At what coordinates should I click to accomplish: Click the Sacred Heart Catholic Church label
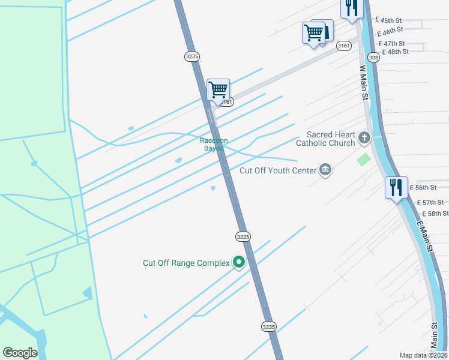331,139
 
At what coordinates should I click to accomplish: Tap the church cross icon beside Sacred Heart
364,139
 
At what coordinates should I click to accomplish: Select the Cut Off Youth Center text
277,170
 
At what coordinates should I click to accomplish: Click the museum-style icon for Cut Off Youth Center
325,170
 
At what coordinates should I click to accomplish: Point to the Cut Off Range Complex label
186,263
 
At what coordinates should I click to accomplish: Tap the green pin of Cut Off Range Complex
239,262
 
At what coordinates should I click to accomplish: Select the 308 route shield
373,58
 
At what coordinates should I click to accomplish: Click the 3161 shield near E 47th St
343,46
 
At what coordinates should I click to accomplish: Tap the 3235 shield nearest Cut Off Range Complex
243,236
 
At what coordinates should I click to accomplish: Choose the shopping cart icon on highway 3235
218,90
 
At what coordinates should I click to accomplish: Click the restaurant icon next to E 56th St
396,188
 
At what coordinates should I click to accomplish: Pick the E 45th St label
388,20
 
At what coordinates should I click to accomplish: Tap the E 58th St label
435,214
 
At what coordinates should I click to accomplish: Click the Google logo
20,353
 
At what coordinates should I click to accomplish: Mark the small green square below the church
363,160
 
